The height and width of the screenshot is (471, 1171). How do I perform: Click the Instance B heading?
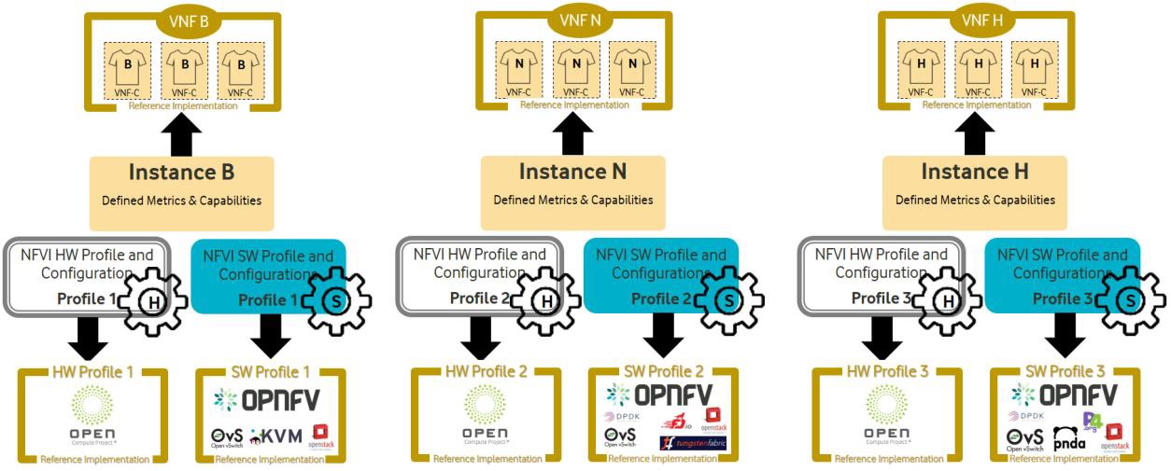pyautogui.click(x=182, y=173)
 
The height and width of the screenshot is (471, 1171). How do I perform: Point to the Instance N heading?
pyautogui.click(x=573, y=173)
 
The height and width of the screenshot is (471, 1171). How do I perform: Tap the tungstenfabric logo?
pyautogui.click(x=692, y=442)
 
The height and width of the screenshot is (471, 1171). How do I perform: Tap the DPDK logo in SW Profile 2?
pyautogui.click(x=620, y=416)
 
